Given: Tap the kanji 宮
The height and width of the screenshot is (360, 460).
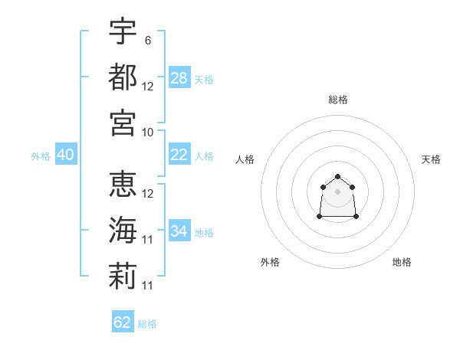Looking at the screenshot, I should [123, 123].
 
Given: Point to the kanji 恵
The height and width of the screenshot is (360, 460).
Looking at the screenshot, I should [123, 184].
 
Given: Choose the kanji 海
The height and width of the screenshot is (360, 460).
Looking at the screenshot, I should [123, 230].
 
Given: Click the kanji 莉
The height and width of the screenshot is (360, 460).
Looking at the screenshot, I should [123, 276].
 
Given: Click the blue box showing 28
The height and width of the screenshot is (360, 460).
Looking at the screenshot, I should [179, 77].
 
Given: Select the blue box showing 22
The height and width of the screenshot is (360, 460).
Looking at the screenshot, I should [179, 155].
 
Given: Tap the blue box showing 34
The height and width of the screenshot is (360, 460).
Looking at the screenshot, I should [179, 231].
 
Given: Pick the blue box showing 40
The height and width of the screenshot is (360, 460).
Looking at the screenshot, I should [65, 155].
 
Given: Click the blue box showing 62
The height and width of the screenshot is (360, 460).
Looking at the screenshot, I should [123, 322].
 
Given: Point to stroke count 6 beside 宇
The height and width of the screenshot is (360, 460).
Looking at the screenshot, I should [148, 40].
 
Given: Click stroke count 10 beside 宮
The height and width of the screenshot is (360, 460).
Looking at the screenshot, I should [148, 132].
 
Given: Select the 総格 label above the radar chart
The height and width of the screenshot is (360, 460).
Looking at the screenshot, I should [337, 100].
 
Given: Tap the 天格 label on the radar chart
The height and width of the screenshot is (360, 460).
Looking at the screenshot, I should [432, 159].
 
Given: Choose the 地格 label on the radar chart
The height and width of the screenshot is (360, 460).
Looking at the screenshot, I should [402, 263].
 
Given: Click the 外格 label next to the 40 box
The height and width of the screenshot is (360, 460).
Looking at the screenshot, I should [41, 156].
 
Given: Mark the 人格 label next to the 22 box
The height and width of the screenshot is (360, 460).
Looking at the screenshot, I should [204, 156].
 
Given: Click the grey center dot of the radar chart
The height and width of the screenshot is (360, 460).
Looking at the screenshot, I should [337, 191].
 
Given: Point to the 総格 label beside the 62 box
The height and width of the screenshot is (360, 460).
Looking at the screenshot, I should [147, 324].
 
